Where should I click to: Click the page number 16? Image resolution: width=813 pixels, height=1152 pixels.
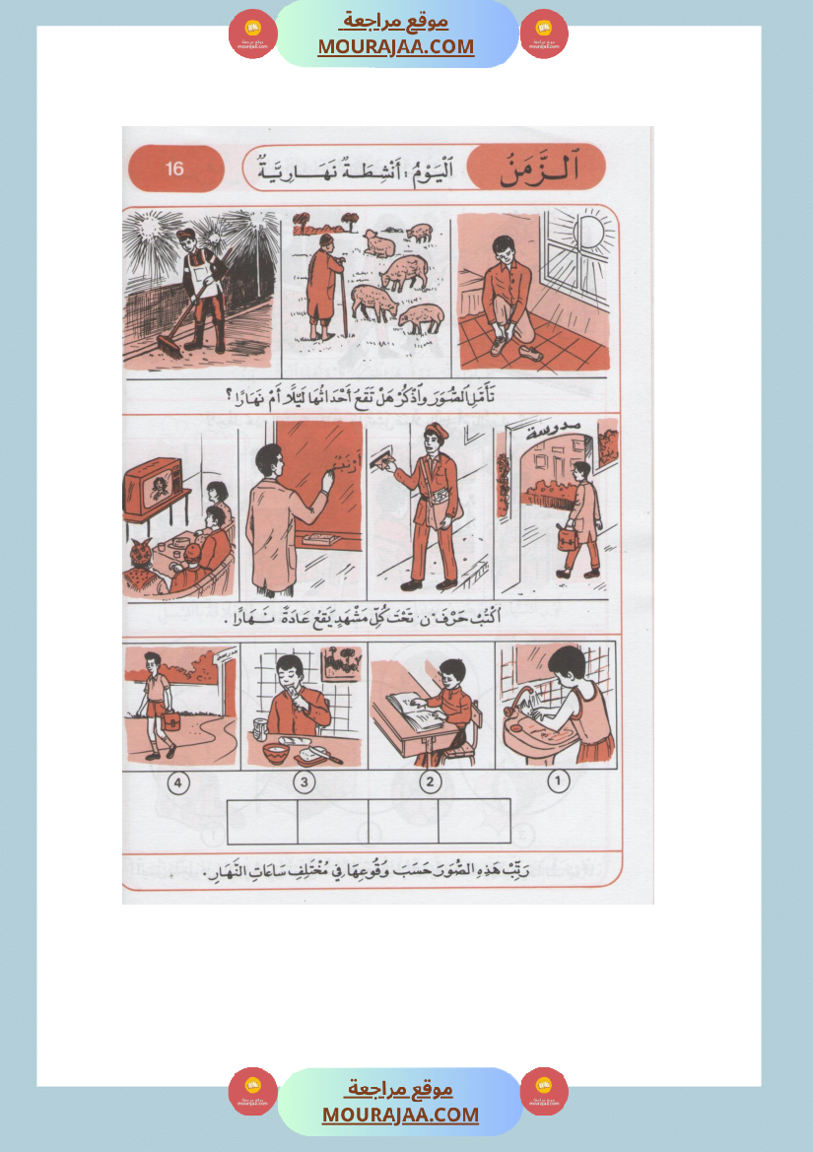(174, 169)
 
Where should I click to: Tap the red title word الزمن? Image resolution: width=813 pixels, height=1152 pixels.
(538, 169)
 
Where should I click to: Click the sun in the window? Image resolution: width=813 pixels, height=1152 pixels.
(592, 237)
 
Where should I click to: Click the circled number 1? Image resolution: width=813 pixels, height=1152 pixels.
(559, 782)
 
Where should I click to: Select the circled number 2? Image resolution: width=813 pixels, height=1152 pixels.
(430, 783)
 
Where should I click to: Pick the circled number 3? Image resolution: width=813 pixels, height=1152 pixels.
(305, 783)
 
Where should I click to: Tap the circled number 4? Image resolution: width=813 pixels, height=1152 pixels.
(178, 783)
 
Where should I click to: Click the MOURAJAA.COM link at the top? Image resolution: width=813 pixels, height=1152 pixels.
(395, 46)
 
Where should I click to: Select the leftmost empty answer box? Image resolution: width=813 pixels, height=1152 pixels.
(261, 821)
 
